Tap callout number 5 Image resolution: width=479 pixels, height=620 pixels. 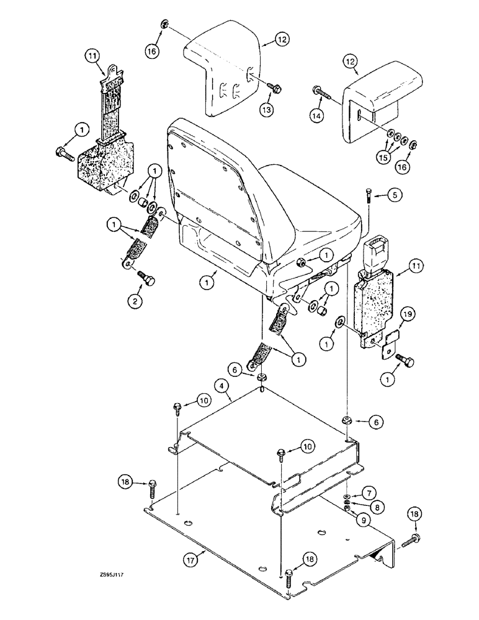coord(395,195)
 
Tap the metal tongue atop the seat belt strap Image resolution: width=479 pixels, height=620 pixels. coord(111,77)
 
